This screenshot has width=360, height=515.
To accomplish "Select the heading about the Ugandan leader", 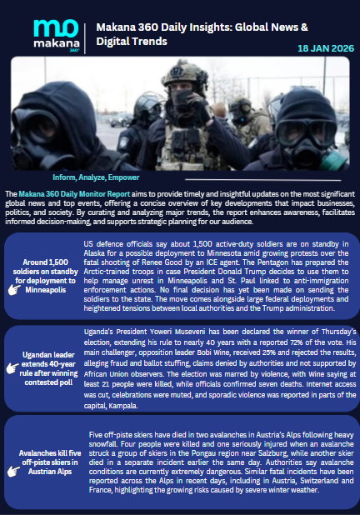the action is (x=48, y=367).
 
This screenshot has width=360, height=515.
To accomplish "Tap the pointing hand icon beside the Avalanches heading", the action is (x=14, y=471).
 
